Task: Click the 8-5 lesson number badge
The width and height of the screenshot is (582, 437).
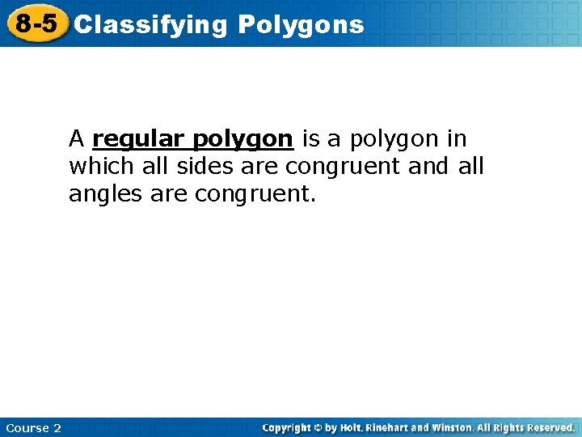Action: (x=36, y=23)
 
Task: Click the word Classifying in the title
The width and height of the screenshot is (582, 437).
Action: (x=151, y=25)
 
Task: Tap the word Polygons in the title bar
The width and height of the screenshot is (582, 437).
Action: (x=301, y=25)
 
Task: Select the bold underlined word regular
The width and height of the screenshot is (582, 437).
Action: (x=140, y=140)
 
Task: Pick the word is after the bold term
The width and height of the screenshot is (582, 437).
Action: (x=311, y=139)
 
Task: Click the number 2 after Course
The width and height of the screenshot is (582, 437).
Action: (x=57, y=428)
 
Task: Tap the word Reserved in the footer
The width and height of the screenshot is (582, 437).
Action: (x=549, y=427)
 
